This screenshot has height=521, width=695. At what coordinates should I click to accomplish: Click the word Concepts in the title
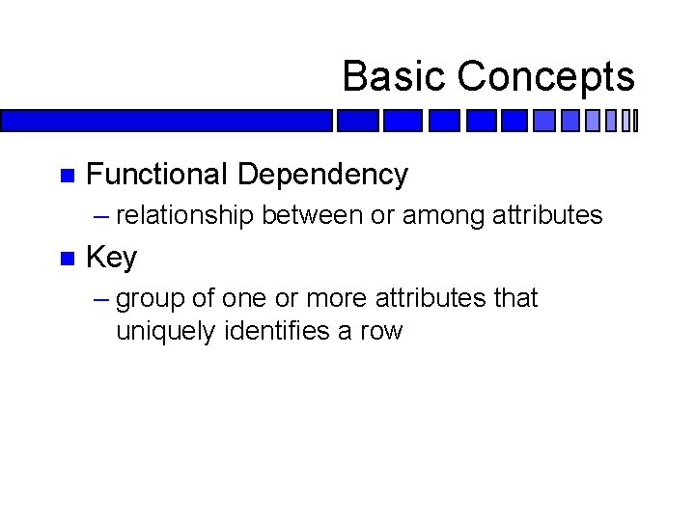pos(545,76)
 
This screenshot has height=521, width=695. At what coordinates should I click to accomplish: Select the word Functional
pos(156,175)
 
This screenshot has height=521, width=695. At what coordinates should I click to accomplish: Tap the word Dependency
pos(322,176)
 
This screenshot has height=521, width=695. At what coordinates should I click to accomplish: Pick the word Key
pos(112,259)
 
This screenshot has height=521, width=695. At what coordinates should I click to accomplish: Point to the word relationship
pos(185,215)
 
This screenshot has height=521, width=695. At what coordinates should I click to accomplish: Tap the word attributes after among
pos(547,215)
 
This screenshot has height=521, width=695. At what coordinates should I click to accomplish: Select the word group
pos(151,300)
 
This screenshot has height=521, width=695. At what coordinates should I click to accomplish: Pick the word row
pos(380,333)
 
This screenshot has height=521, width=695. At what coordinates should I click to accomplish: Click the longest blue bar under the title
pos(166,121)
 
